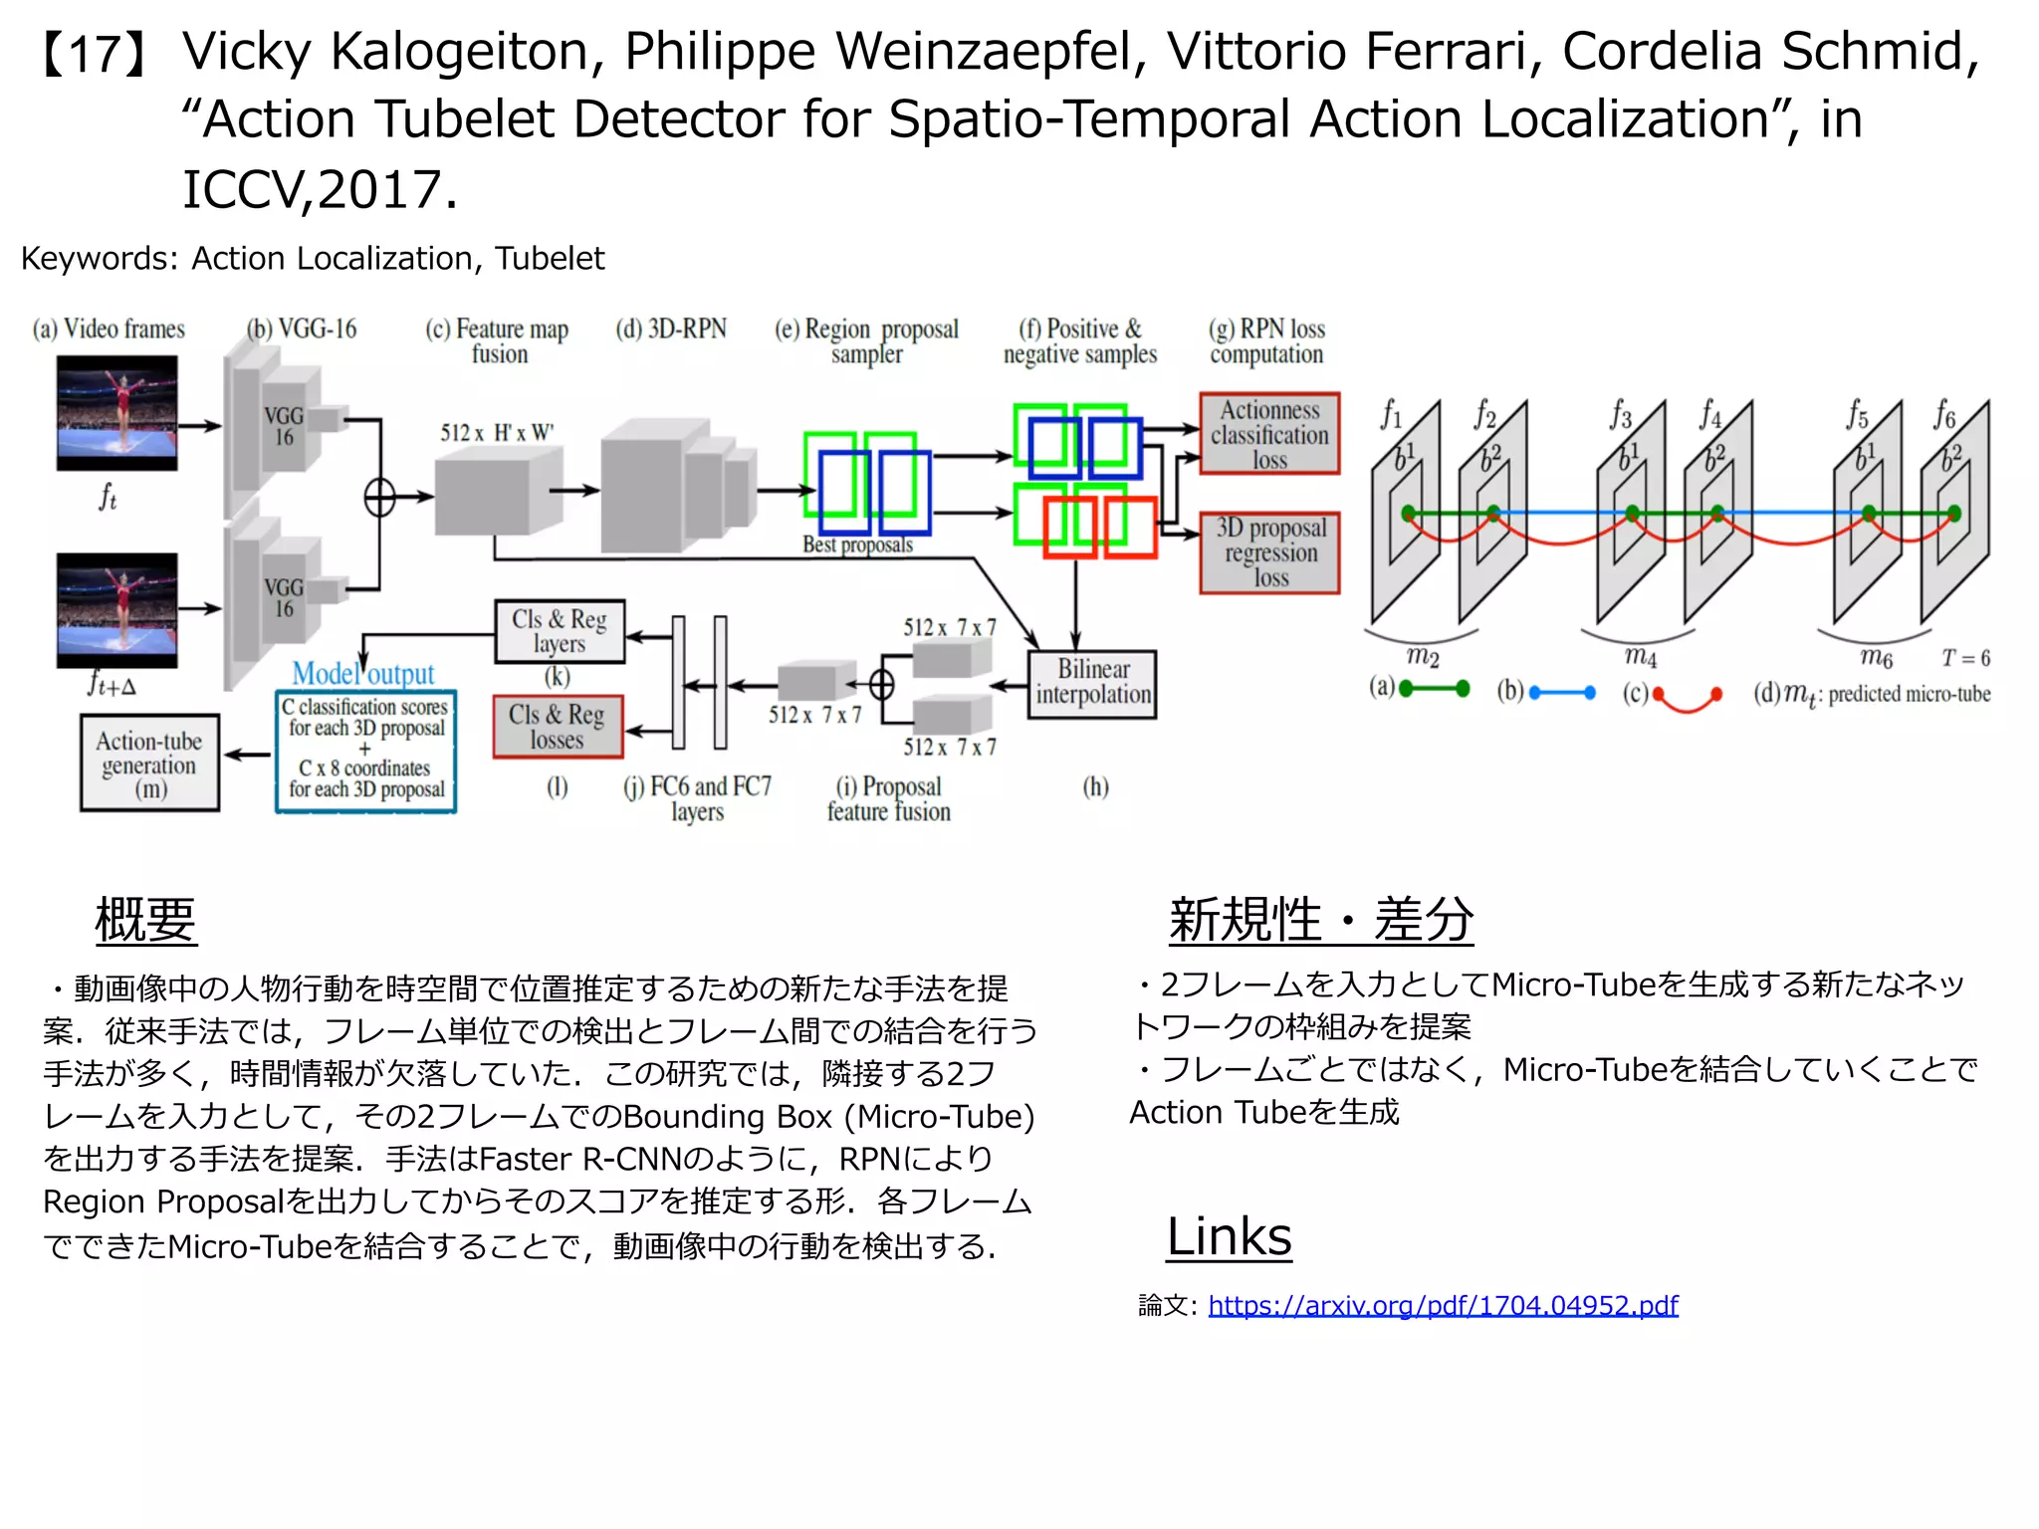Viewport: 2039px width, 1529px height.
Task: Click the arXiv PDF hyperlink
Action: point(1443,1305)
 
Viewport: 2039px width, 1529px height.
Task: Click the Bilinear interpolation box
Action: point(1092,684)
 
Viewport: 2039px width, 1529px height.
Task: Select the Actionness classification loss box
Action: point(1269,434)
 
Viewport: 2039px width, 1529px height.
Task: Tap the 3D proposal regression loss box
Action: point(1269,553)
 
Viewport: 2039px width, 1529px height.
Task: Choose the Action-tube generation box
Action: point(149,764)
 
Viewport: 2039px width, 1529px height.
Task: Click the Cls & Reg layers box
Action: point(560,631)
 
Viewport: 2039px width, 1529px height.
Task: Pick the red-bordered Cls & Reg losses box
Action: point(558,727)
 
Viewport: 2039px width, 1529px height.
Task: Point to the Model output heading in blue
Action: point(363,674)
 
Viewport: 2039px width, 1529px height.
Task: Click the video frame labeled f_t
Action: point(117,413)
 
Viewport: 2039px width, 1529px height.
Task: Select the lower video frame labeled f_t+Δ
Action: point(117,609)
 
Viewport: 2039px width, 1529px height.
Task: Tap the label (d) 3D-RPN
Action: point(671,329)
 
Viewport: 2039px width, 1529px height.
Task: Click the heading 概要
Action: point(145,919)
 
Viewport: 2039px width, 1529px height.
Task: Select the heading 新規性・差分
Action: point(1320,919)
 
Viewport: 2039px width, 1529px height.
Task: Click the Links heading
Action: point(1229,1236)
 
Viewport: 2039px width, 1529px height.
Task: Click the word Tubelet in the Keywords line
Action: point(550,259)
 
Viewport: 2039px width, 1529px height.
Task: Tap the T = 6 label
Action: point(1965,658)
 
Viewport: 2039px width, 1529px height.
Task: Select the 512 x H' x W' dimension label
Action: point(497,433)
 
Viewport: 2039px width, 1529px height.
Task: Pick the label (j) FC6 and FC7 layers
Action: point(697,798)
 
